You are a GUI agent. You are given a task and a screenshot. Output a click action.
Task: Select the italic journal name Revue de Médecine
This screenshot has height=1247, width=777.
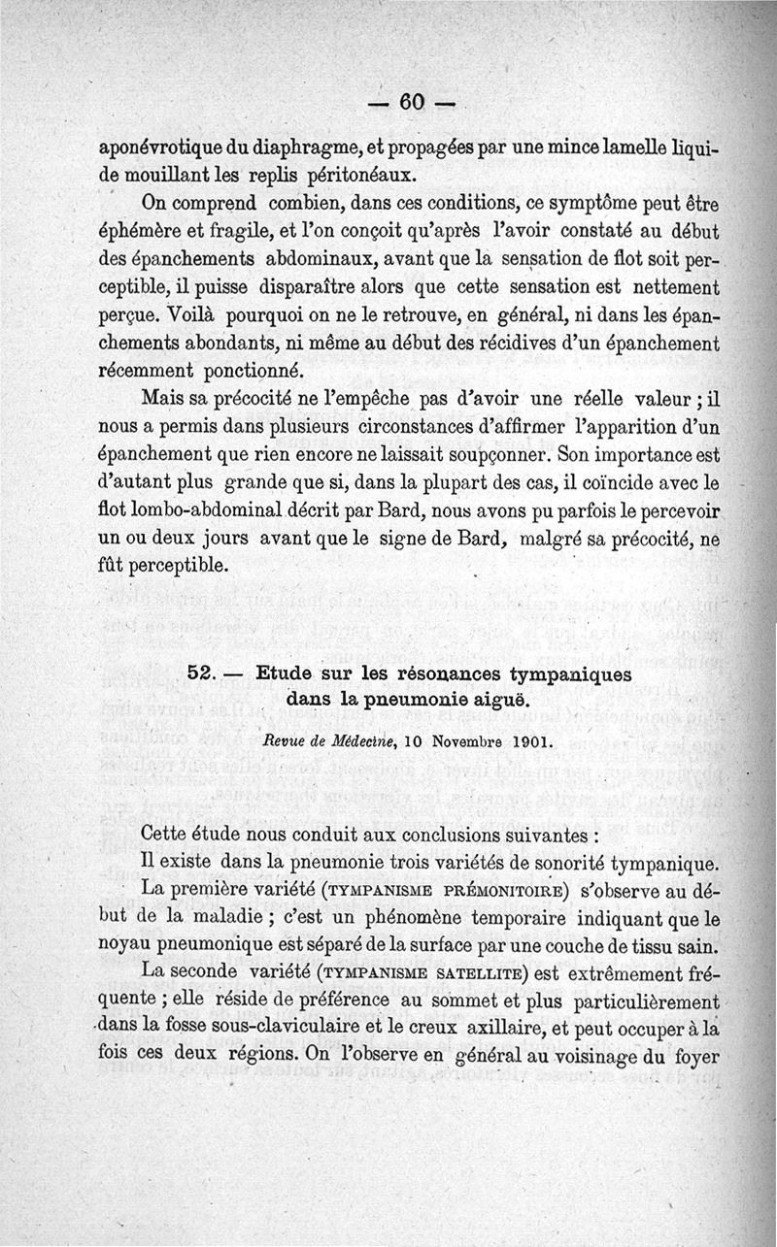point(315,742)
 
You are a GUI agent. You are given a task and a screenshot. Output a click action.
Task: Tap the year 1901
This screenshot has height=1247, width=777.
point(528,742)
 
